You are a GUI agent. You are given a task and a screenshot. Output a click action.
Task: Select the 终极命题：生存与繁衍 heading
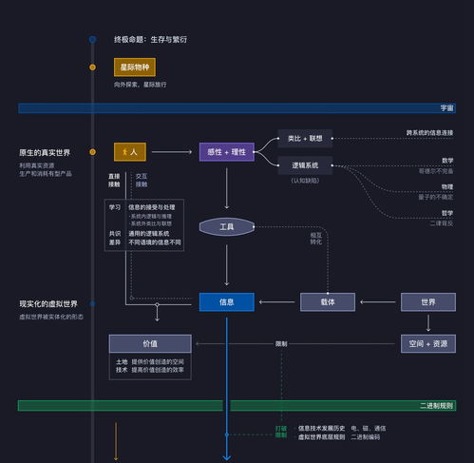tap(150, 39)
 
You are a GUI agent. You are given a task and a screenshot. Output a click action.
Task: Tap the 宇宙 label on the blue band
tap(446, 108)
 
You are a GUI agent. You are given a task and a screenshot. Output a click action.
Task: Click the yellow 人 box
tap(130, 152)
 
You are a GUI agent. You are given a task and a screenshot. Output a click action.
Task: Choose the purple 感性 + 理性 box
tap(226, 152)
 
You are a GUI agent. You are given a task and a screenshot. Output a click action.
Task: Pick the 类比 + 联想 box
tap(305, 138)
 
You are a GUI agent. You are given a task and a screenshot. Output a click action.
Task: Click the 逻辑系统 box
tap(305, 165)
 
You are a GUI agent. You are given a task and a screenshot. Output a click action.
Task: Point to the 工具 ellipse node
tap(226, 227)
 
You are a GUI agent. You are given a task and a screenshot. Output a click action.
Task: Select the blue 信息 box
tap(226, 301)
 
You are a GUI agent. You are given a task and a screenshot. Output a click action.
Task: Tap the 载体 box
tap(328, 301)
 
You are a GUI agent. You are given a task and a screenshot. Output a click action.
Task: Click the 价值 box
tap(150, 343)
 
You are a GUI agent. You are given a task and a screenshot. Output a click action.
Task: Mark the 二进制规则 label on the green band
tap(436, 405)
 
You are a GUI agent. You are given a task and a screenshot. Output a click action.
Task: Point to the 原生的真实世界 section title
tap(45, 152)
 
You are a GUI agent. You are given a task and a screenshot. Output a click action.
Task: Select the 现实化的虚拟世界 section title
tap(48, 303)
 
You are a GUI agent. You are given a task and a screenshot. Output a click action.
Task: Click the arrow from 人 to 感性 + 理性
tap(171, 152)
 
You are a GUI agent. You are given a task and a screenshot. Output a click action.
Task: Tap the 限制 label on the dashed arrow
tap(281, 343)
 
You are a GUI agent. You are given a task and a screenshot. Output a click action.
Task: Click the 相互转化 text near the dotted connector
tap(315, 239)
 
